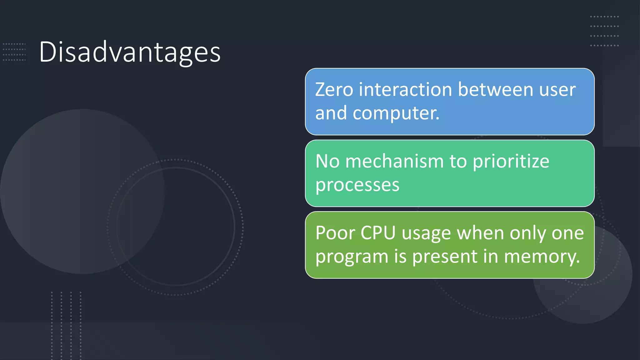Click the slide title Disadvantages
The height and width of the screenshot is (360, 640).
tap(130, 52)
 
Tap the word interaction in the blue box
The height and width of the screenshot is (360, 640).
tap(406, 90)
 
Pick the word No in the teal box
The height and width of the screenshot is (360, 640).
tap(327, 162)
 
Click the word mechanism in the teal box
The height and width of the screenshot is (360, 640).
tap(395, 162)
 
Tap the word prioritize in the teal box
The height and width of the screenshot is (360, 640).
tap(511, 162)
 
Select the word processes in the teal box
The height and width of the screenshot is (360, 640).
tap(357, 185)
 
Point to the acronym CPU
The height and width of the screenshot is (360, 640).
tap(378, 233)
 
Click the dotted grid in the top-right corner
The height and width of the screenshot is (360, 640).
tap(604, 31)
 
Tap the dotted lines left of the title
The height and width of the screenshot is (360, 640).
tap(14, 52)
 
